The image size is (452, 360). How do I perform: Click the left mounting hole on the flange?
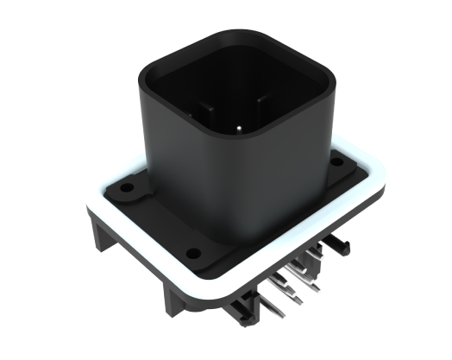(x=128, y=185)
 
